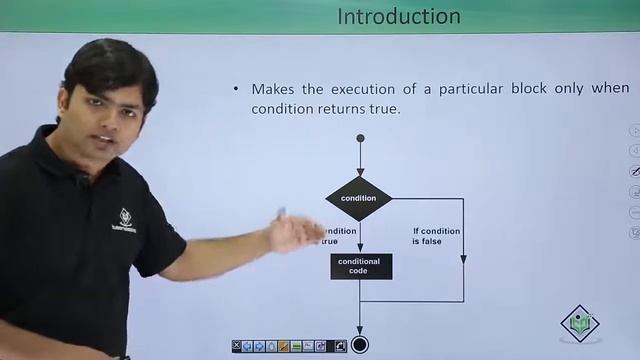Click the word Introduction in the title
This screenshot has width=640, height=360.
(398, 16)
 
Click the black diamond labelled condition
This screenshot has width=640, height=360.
(358, 198)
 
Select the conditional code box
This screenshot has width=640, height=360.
(360, 266)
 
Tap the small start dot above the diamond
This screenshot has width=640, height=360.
(360, 138)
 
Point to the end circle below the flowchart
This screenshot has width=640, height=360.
(360, 345)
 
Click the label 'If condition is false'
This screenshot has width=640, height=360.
(436, 236)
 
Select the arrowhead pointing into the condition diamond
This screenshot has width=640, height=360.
(360, 172)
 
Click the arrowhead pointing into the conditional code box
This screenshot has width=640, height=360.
(360, 248)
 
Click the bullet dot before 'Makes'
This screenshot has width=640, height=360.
(236, 89)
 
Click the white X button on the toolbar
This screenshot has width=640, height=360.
(237, 346)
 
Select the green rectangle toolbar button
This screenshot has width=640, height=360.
(297, 346)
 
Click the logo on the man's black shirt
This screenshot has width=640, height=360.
(124, 218)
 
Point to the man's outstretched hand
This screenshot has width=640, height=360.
(290, 232)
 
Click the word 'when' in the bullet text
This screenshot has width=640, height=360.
(610, 89)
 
